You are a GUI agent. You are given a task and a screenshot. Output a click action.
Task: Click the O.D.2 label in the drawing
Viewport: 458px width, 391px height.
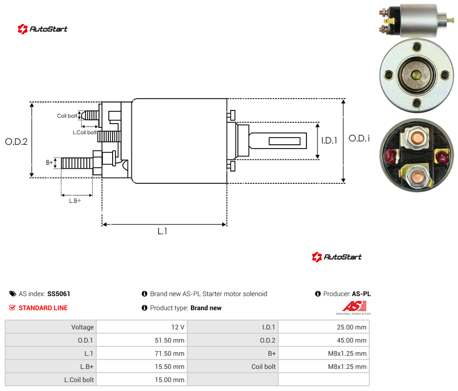(x=16, y=142)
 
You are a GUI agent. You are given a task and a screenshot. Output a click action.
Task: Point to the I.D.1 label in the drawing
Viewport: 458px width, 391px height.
(x=329, y=141)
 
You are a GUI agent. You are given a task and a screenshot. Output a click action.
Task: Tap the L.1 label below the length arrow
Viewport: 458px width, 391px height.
(x=162, y=231)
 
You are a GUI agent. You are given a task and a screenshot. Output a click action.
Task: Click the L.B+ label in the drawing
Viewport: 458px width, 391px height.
(x=75, y=201)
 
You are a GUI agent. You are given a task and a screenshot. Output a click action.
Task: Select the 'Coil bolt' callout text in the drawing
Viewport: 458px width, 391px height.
(x=67, y=116)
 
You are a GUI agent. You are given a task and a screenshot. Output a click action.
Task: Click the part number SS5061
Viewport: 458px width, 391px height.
(x=59, y=294)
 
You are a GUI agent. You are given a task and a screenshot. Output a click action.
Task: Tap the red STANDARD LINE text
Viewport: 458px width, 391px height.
(x=43, y=308)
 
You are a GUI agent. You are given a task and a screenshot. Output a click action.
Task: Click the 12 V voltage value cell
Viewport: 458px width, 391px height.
(x=142, y=327)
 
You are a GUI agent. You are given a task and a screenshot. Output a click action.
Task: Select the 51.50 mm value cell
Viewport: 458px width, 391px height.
(x=142, y=340)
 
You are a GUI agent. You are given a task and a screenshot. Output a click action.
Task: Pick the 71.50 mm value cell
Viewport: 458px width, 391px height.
(x=142, y=353)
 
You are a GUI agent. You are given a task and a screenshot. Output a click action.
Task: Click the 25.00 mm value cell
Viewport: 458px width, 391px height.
(x=324, y=327)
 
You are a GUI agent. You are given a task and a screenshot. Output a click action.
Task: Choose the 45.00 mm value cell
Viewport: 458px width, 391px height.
(x=324, y=340)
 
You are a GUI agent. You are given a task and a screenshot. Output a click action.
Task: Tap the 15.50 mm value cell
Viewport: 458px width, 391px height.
(x=142, y=367)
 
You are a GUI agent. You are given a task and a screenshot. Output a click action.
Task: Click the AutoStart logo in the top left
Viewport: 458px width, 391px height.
(x=43, y=29)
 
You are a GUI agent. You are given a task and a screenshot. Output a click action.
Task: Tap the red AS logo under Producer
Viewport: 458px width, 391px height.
(x=354, y=306)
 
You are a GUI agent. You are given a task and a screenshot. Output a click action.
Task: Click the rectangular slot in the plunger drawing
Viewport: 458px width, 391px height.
(x=284, y=141)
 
